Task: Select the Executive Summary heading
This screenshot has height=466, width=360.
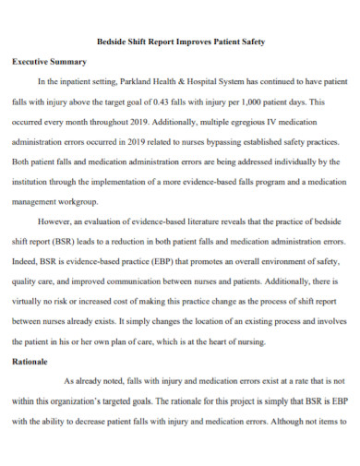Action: (48, 62)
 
